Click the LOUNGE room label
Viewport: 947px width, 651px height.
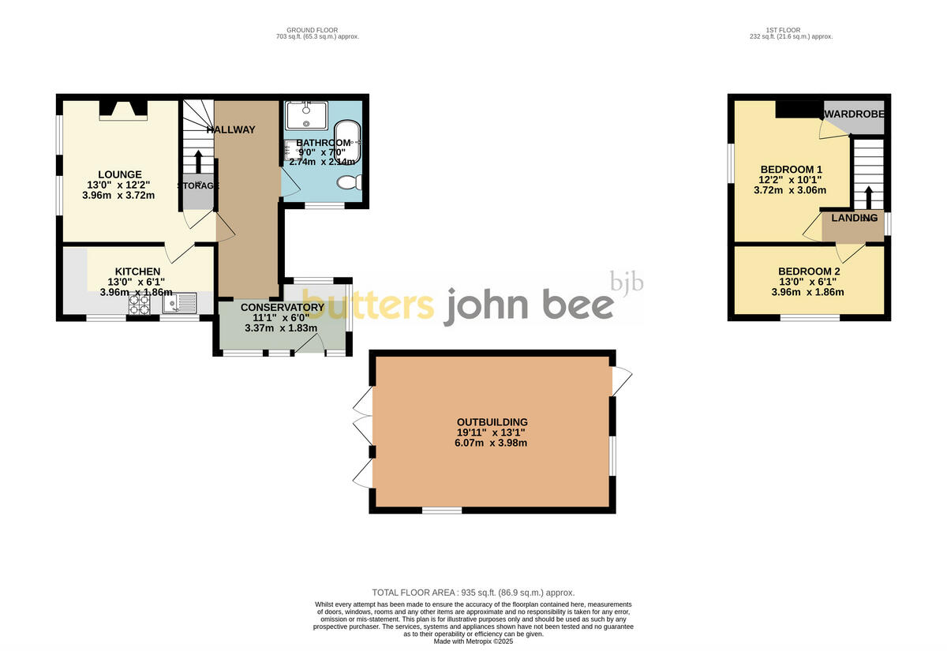pos(120,174)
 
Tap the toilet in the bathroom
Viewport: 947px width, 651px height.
pos(348,182)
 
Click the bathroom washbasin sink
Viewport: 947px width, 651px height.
pos(306,115)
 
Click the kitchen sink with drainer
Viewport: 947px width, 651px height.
pos(181,302)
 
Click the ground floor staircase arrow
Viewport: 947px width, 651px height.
pos(197,160)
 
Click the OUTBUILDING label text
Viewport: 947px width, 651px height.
pos(491,422)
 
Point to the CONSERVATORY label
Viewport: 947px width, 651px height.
pos(282,307)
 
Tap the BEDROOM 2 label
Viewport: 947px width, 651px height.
pos(810,271)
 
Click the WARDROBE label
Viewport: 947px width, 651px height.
pos(855,114)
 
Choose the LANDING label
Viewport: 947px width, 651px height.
pos(852,218)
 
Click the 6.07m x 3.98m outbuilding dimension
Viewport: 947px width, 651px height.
pos(491,443)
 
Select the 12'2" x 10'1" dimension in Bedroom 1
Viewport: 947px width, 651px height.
pos(792,179)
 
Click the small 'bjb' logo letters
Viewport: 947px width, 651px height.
pos(627,281)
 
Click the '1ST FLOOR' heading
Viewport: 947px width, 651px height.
pos(791,30)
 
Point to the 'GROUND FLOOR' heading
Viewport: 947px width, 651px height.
pos(313,30)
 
